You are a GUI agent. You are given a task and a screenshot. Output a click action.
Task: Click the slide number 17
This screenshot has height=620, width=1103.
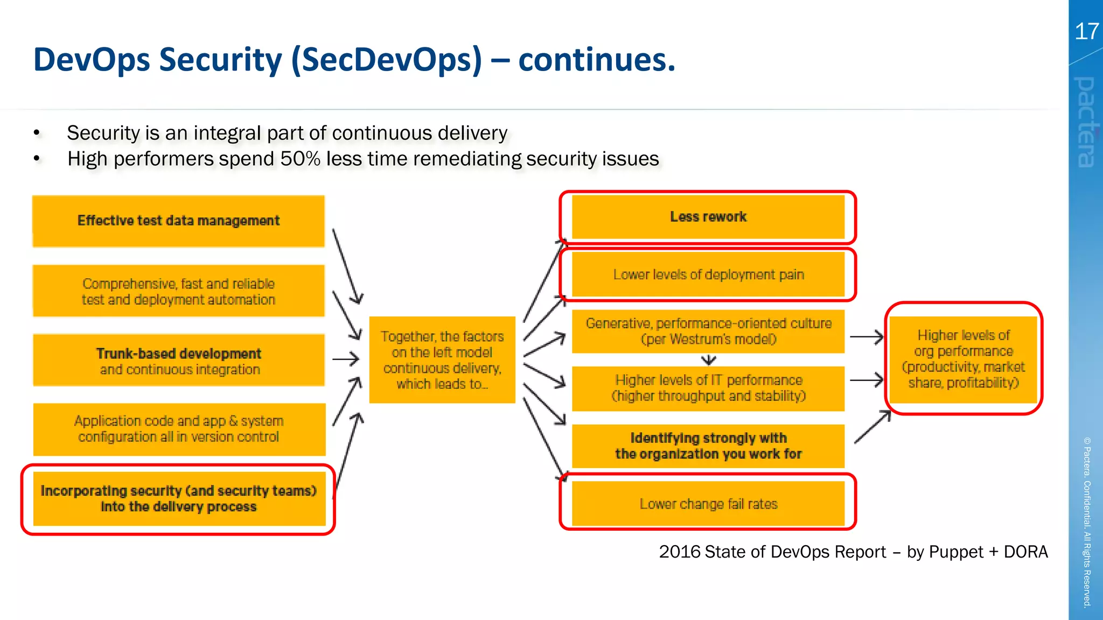coord(1086,32)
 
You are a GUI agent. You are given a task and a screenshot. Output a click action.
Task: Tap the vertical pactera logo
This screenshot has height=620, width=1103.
coord(1086,122)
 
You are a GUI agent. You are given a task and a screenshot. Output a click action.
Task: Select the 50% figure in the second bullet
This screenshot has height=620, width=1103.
coord(300,159)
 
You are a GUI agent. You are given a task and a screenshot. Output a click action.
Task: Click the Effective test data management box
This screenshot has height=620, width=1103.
coord(178,221)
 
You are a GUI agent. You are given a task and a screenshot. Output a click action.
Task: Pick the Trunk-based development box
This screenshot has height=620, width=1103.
coord(178,360)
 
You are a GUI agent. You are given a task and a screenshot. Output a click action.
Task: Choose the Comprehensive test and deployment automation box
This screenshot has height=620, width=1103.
coord(178,291)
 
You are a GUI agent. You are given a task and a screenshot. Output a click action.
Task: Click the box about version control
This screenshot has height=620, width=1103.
coord(178,429)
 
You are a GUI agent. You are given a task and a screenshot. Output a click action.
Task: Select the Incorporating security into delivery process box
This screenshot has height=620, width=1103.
coord(178,499)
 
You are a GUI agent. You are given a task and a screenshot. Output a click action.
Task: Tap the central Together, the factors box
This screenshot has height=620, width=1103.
coord(442,360)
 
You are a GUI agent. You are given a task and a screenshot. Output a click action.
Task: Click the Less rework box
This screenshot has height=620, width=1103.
coord(708,217)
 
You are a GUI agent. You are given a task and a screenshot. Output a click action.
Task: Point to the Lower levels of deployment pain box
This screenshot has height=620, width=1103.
coord(708,274)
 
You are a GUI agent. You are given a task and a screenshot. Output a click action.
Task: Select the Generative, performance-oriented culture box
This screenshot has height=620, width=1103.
coord(708,331)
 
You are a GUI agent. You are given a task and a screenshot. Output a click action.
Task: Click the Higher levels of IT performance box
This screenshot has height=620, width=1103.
coord(708,388)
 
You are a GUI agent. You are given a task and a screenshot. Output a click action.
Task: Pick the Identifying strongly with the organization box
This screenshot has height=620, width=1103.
coord(708,446)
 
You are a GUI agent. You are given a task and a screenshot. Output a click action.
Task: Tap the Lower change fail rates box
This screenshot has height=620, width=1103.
coord(708,504)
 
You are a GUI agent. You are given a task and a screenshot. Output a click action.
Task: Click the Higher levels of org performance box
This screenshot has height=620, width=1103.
coord(963,359)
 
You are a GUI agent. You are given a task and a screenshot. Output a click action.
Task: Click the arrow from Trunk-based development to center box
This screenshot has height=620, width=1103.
coord(346,359)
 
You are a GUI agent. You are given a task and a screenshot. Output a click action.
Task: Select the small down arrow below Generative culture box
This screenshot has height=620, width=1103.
coord(709,360)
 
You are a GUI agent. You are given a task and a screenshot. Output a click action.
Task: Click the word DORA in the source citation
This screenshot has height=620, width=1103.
coord(1025,552)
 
